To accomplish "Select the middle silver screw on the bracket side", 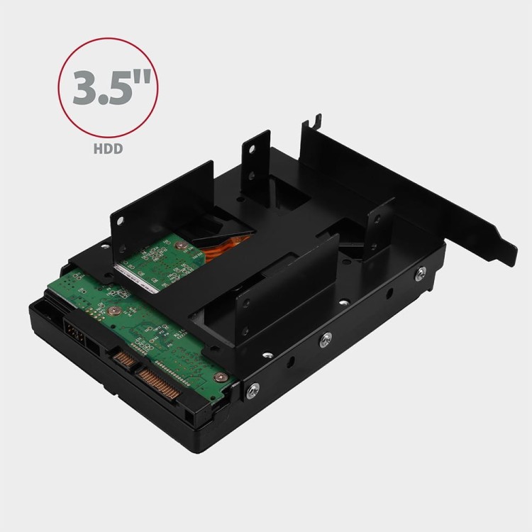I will pyautogui.click(x=327, y=339).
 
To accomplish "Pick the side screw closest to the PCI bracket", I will pyautogui.click(x=421, y=272).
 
